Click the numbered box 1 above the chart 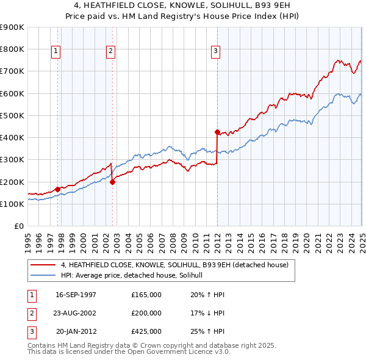56,52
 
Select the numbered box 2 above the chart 110,52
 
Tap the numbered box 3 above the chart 216,52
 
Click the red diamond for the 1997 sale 57,189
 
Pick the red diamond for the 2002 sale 113,181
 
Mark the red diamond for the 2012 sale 217,131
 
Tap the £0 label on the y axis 18,226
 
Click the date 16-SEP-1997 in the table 76,295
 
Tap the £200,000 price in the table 146,313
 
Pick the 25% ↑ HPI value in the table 207,331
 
